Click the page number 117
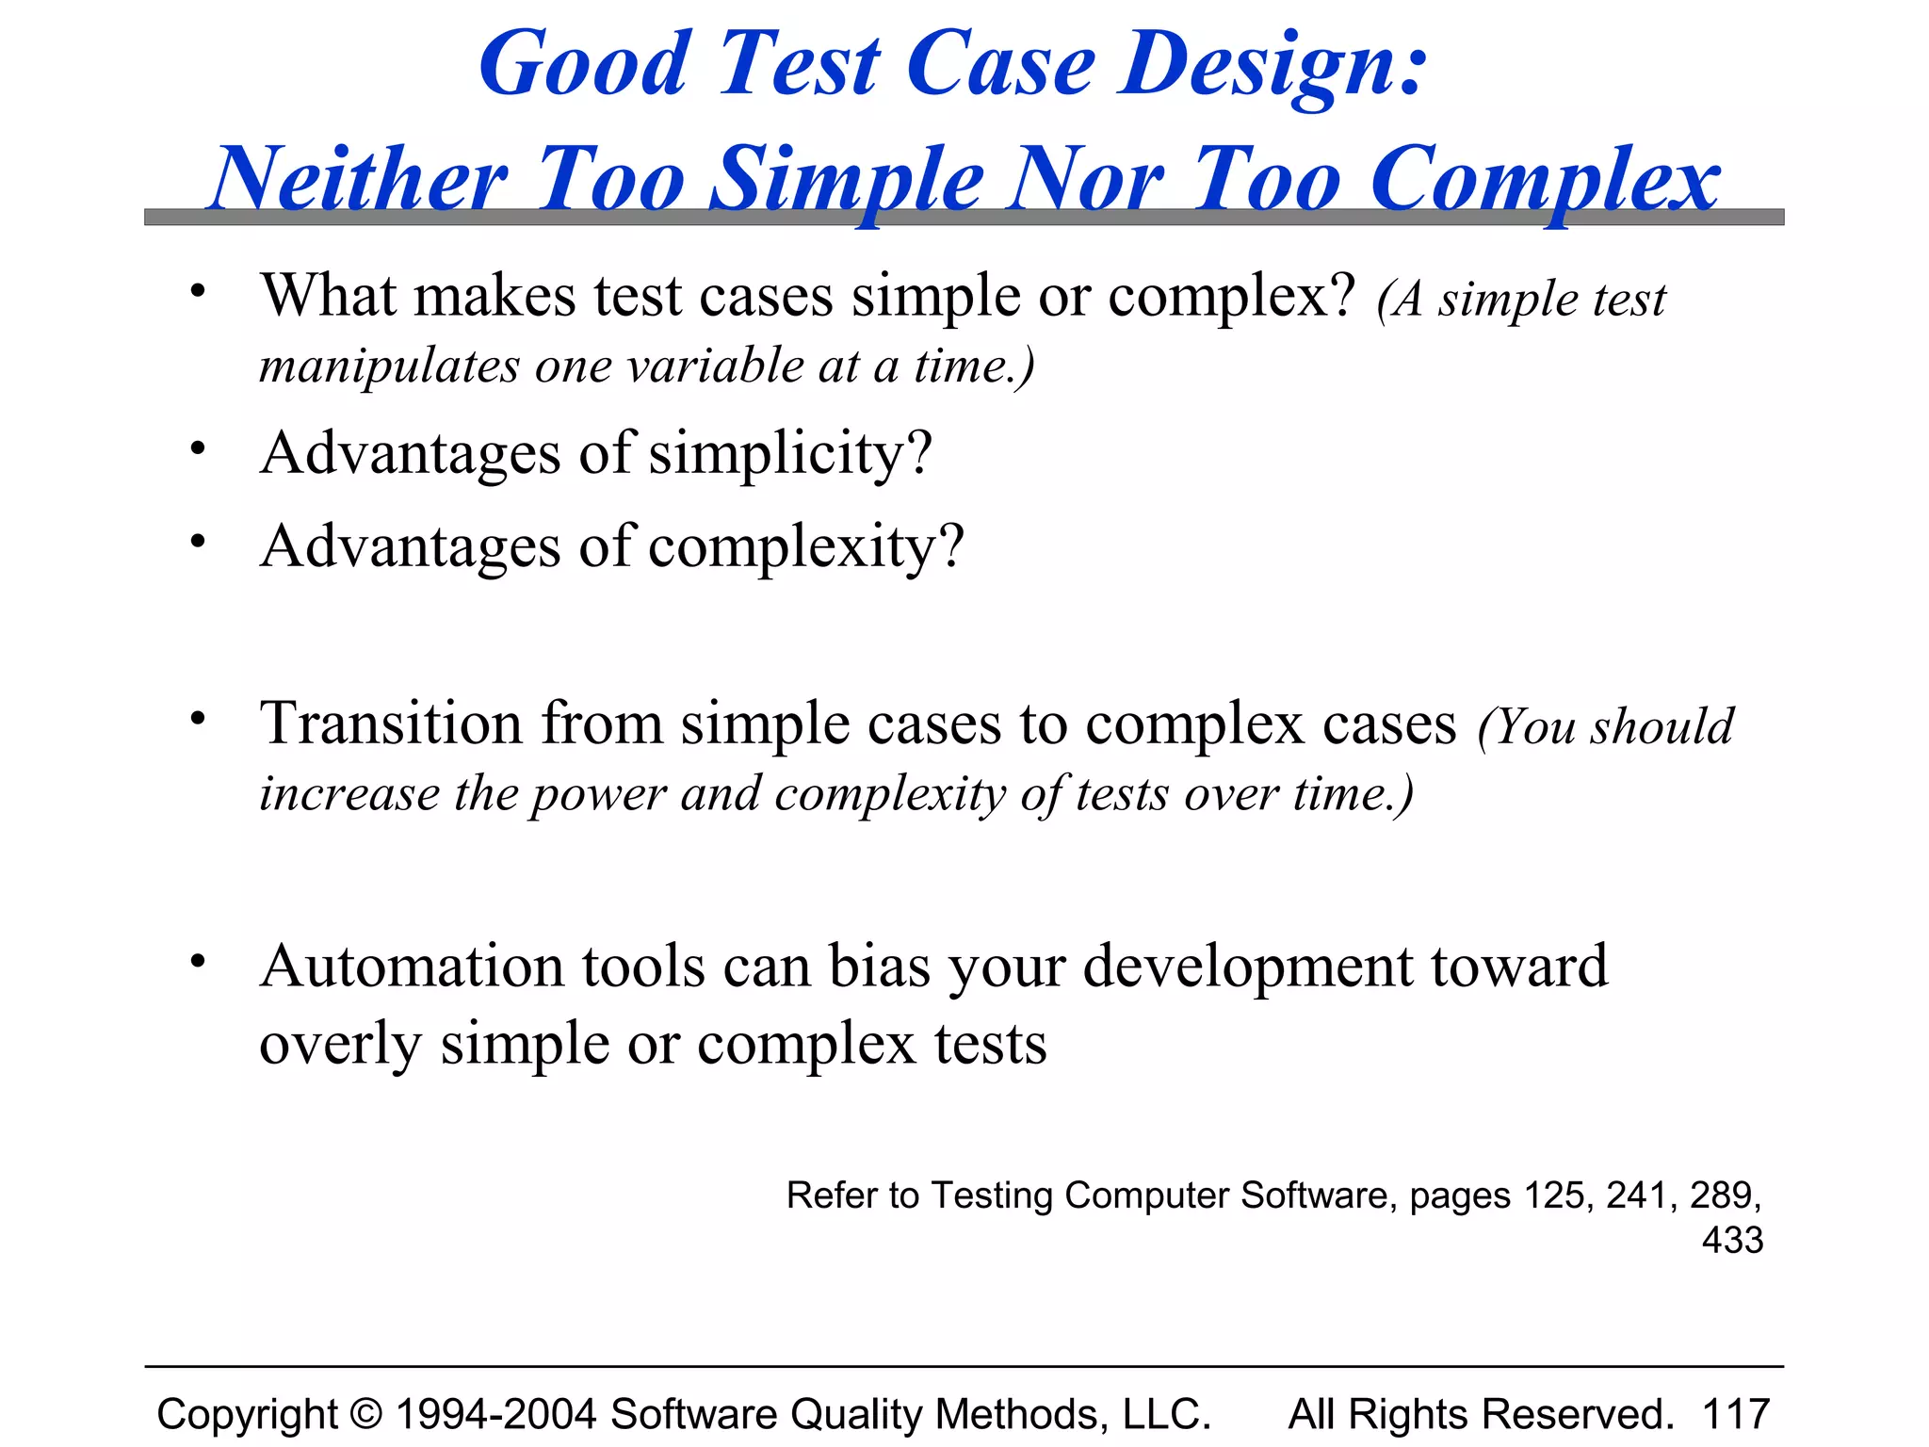click(x=1736, y=1414)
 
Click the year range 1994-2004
click(x=496, y=1414)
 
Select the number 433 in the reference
click(x=1732, y=1240)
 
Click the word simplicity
click(x=790, y=454)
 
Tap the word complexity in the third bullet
click(x=806, y=546)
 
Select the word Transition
click(x=391, y=723)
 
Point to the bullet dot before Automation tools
click(x=197, y=962)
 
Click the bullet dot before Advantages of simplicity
click(x=197, y=447)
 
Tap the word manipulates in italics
click(x=389, y=366)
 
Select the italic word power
click(x=598, y=794)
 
